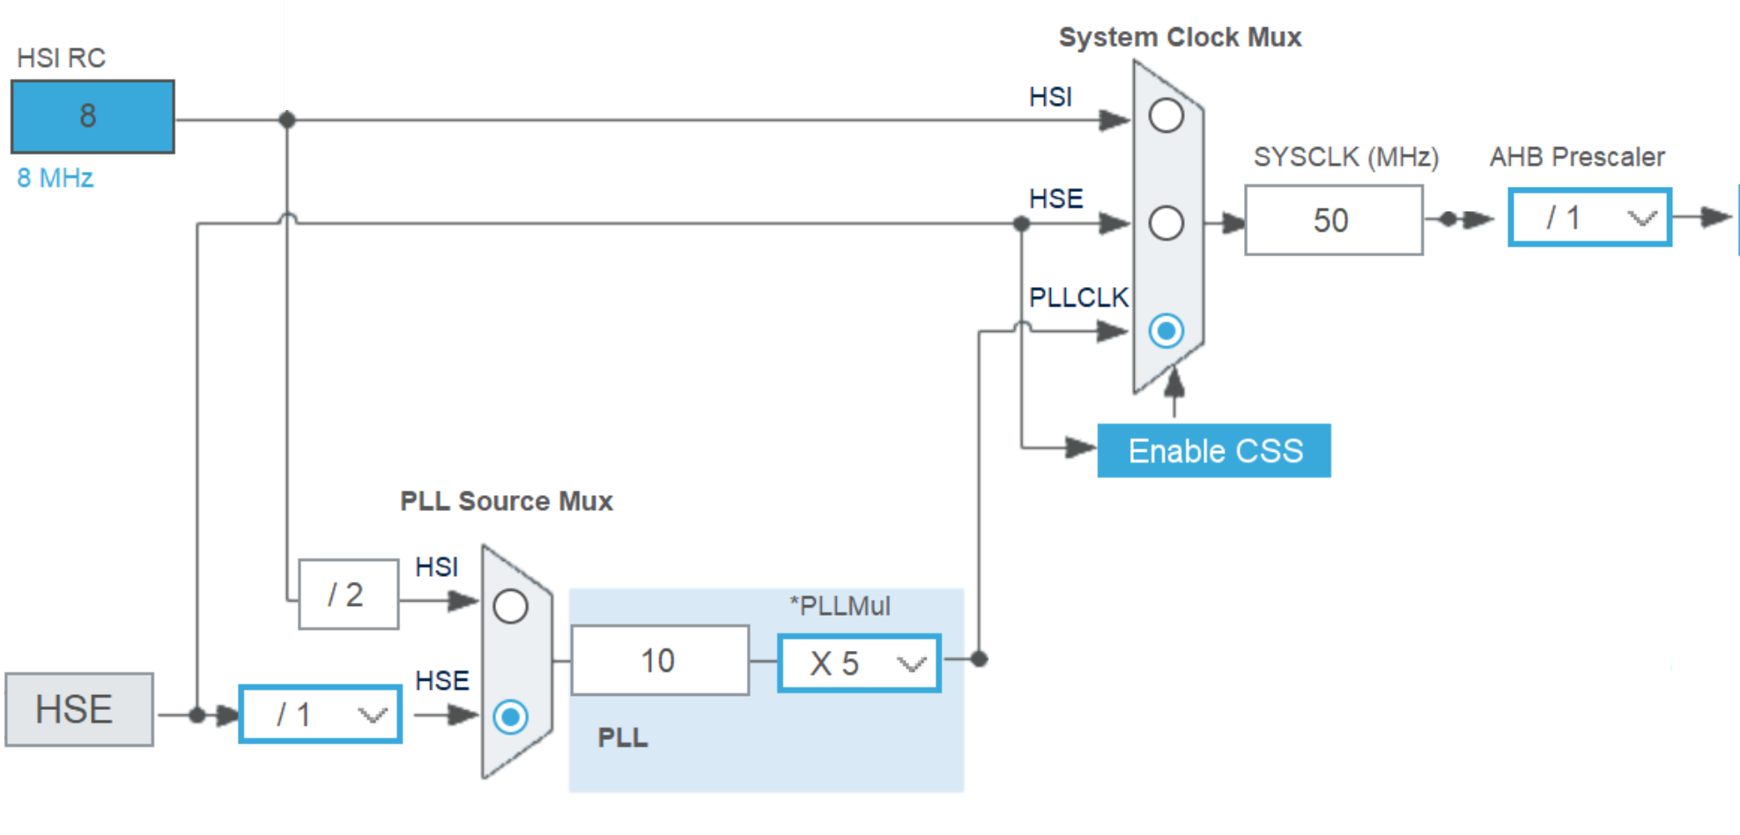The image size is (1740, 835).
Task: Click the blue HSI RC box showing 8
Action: tap(93, 116)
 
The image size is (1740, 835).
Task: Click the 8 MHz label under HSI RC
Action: tap(55, 178)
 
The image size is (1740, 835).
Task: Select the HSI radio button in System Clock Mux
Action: tap(1166, 115)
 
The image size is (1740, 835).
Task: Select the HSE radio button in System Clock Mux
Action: tap(1166, 223)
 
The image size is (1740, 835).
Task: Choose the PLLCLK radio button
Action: tap(1166, 331)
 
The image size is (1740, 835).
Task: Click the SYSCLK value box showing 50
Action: tap(1333, 220)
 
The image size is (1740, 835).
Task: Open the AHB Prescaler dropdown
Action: tap(1589, 218)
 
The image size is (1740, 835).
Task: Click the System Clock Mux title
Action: tap(1180, 37)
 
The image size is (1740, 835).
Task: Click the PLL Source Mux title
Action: tap(506, 501)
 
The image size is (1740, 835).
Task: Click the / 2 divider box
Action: tap(348, 595)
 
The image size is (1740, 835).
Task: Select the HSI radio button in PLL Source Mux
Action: tap(511, 606)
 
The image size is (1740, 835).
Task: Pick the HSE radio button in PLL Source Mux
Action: tap(511, 716)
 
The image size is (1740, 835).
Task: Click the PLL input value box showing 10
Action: tap(660, 661)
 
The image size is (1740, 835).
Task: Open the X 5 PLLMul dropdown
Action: tap(859, 663)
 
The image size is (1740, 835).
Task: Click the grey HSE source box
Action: tap(79, 710)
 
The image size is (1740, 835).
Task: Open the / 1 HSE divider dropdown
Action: tap(321, 714)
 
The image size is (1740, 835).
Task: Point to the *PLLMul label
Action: tap(840, 606)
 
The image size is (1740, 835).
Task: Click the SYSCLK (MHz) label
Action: tap(1345, 157)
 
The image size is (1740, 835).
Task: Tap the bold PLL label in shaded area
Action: tap(622, 737)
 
